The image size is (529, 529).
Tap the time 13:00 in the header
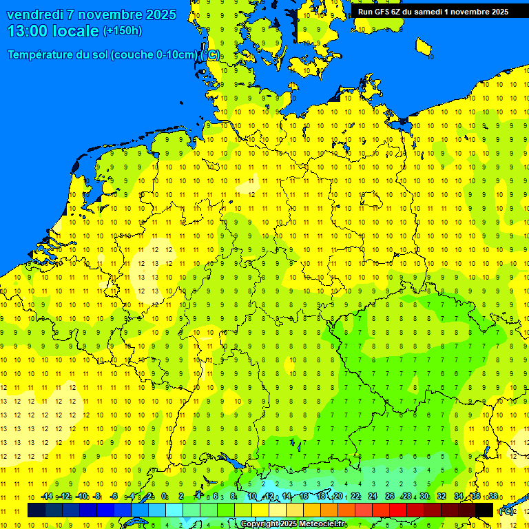pyautogui.click(x=28, y=31)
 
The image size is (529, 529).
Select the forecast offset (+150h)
pyautogui.click(x=123, y=31)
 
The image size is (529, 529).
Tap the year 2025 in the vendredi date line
pyautogui.click(x=158, y=14)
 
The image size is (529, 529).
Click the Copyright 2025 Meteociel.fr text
pyautogui.click(x=293, y=524)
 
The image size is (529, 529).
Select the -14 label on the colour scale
pyautogui.click(x=46, y=497)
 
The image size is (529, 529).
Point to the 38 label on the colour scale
pyautogui.click(x=492, y=497)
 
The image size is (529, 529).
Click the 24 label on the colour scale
pyautogui.click(x=373, y=497)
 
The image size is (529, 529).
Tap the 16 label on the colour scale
pyautogui.click(x=303, y=497)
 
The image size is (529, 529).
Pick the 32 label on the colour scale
pyautogui.click(x=442, y=497)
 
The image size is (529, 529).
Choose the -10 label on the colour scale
pyautogui.click(x=81, y=497)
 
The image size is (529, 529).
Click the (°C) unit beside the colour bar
pyautogui.click(x=506, y=510)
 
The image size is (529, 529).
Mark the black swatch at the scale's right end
pyautogui.click(x=484, y=510)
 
